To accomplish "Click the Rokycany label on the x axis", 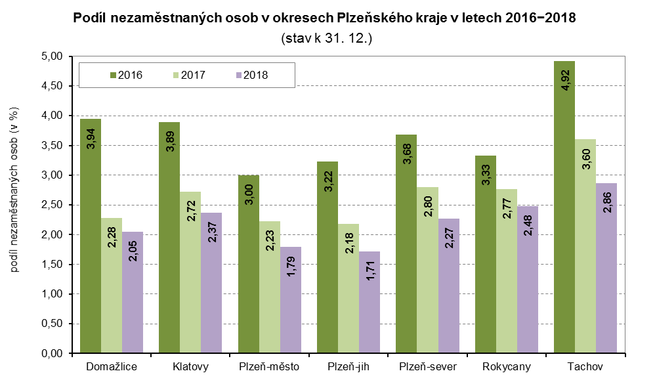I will coord(506,367).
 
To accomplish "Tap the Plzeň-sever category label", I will coord(427,367).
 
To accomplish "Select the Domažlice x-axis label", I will coord(112,367).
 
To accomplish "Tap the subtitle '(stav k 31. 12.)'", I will coord(326,39).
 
